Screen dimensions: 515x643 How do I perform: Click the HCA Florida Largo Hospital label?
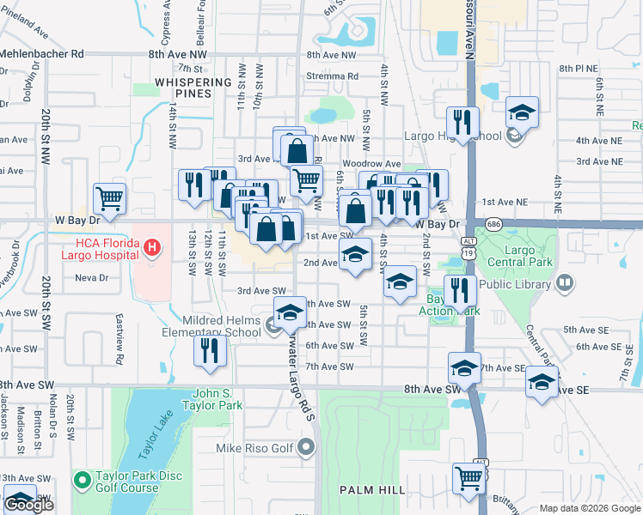click(x=99, y=248)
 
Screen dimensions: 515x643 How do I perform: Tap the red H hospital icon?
click(x=152, y=249)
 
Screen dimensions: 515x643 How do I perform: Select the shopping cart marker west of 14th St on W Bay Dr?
click(x=110, y=199)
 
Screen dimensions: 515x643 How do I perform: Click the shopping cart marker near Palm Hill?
click(x=468, y=478)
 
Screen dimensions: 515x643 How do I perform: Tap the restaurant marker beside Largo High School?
click(x=462, y=123)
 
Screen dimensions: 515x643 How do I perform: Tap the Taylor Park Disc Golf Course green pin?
click(x=82, y=478)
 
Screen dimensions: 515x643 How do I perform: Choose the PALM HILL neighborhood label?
click(x=372, y=489)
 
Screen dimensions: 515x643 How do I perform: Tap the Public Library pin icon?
click(x=564, y=282)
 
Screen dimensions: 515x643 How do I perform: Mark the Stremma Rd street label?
click(x=332, y=76)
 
